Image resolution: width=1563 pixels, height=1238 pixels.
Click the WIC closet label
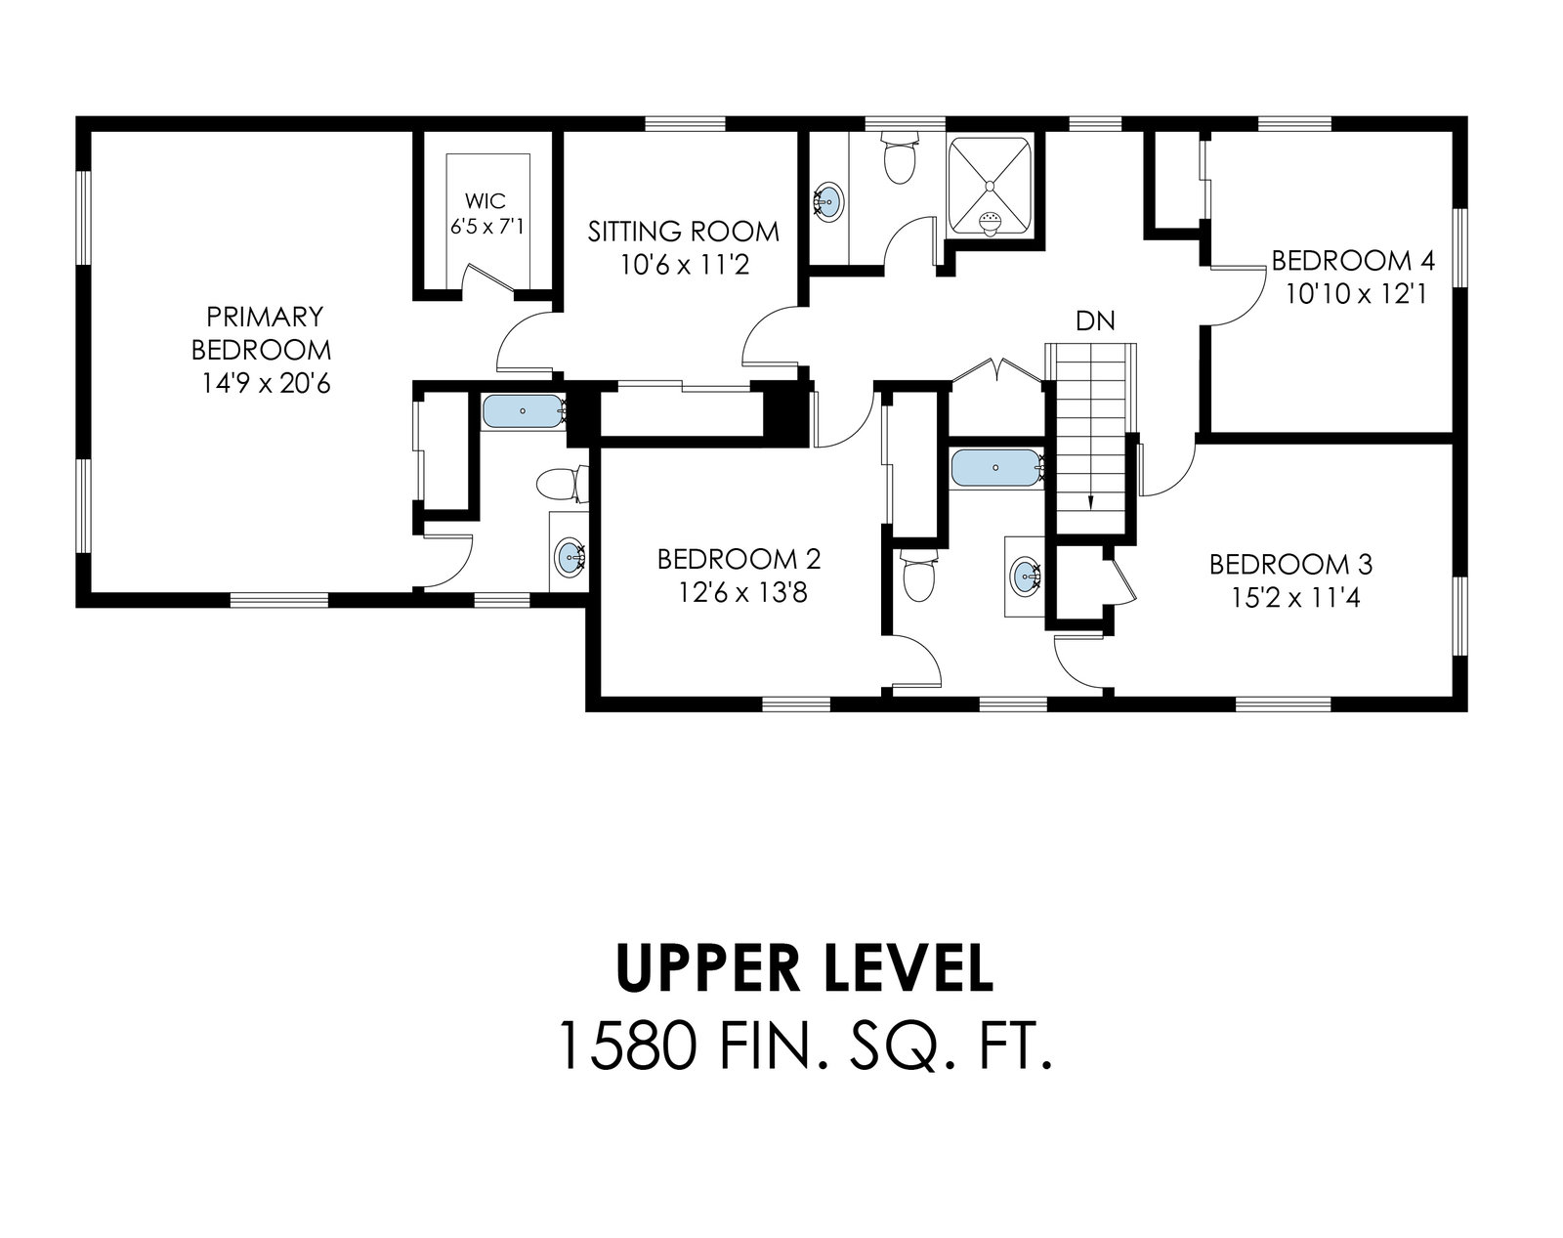tap(486, 199)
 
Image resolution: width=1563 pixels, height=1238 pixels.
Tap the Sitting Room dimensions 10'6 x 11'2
tap(684, 265)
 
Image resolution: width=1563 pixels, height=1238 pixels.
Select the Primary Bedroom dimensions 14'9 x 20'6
tap(265, 383)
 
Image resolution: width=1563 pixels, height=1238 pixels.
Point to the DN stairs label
tap(1094, 320)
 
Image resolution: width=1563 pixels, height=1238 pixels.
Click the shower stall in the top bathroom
tap(989, 188)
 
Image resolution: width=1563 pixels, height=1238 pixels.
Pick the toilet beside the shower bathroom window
tap(899, 157)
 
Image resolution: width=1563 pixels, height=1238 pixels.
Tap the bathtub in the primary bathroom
tap(523, 411)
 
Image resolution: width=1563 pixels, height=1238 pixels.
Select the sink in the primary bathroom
tap(570, 558)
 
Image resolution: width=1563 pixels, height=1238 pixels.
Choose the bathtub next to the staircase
tap(996, 468)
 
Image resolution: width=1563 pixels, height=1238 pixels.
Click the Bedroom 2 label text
tap(739, 560)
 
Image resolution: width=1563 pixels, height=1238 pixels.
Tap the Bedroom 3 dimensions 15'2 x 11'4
tap(1295, 598)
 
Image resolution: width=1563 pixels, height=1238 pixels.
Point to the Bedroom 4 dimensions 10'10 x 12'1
tap(1356, 294)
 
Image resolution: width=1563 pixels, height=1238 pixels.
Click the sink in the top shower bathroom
tap(828, 199)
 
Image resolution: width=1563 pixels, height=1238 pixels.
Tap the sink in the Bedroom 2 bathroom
tap(1026, 576)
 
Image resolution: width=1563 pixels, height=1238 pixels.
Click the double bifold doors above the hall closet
tap(999, 369)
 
